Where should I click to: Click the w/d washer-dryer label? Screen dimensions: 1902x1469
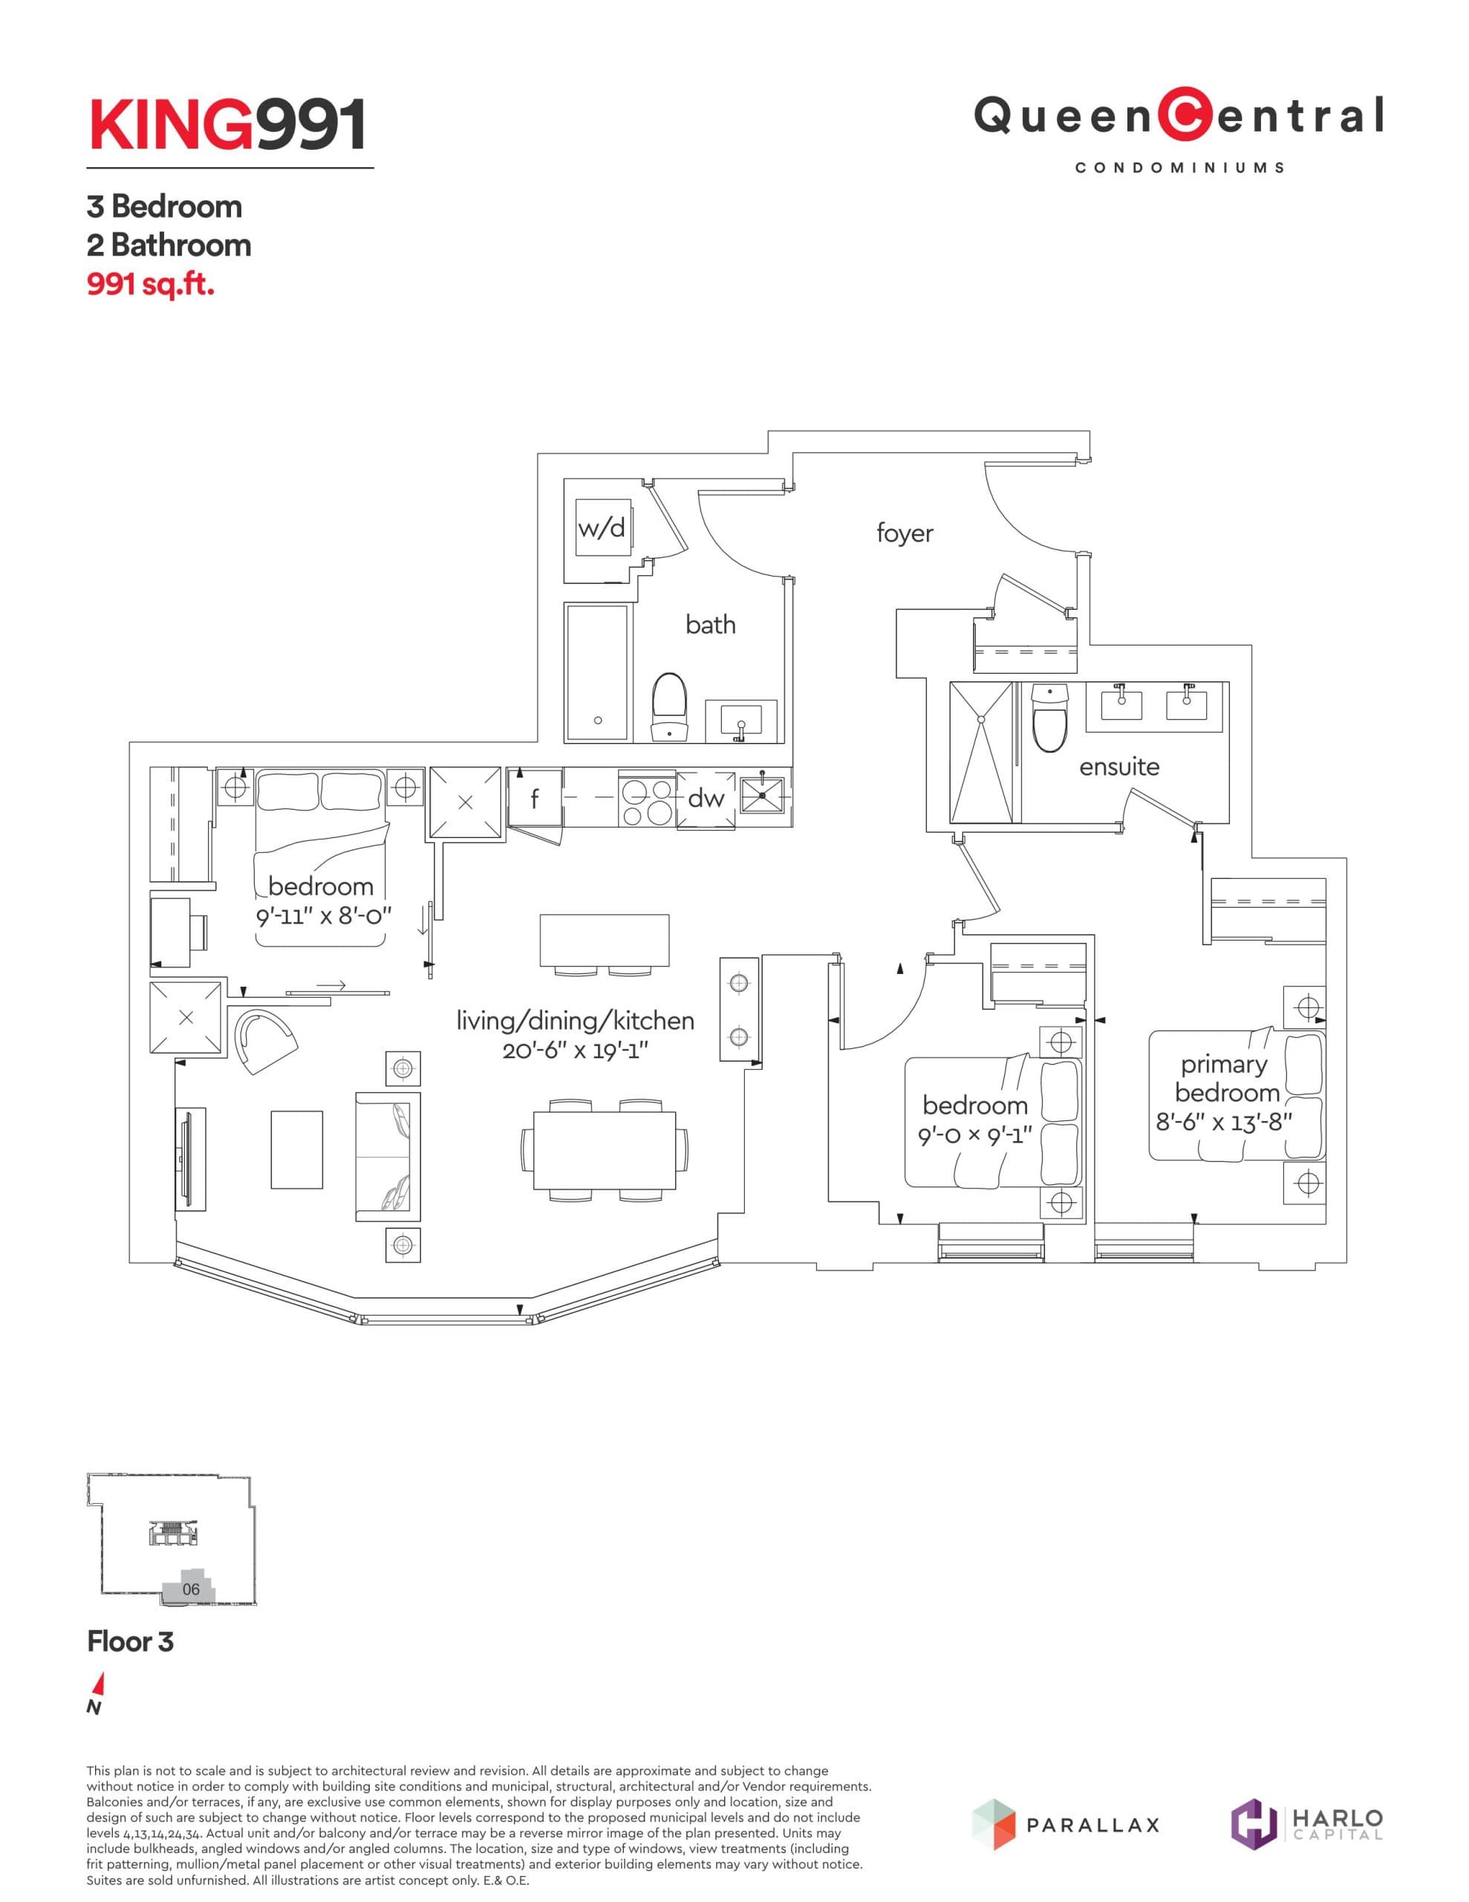[x=601, y=529]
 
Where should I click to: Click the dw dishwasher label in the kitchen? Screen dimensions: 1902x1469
[x=706, y=798]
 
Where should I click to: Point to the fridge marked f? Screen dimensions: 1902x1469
[x=535, y=799]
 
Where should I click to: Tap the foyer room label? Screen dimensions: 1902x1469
[x=905, y=533]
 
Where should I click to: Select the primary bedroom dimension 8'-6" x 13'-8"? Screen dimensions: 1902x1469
[x=1223, y=1123]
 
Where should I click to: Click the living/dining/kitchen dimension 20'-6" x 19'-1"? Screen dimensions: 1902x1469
[x=575, y=1051]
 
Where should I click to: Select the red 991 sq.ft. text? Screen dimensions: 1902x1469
[x=150, y=285]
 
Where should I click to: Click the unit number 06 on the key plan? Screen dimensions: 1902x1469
[x=191, y=1589]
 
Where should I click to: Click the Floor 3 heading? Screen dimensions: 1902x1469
[x=131, y=1642]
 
